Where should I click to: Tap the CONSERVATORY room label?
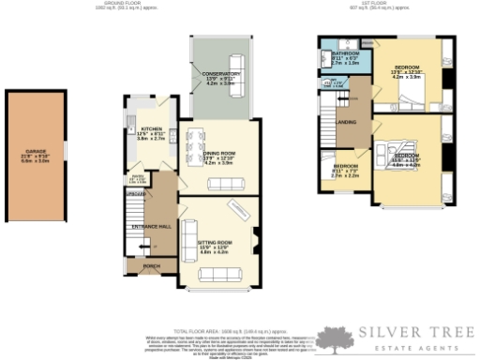tap(215, 74)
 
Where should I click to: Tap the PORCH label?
tap(151, 266)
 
